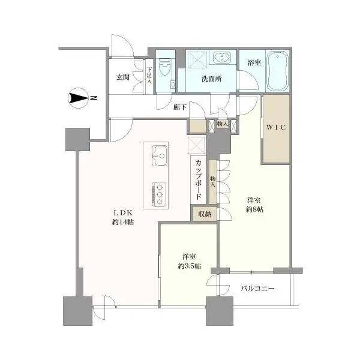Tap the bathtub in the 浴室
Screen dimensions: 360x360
point(277,71)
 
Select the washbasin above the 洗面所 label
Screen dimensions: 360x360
point(221,57)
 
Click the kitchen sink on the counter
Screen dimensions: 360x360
point(160,155)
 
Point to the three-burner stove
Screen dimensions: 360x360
point(159,194)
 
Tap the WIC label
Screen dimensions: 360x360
point(276,127)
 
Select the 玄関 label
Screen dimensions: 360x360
point(123,77)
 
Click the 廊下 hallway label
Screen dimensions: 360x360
point(180,107)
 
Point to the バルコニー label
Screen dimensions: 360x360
point(257,289)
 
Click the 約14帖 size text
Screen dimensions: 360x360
point(123,222)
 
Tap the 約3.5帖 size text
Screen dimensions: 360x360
point(190,266)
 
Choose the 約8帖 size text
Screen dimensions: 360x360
point(255,209)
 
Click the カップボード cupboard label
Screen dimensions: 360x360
point(199,180)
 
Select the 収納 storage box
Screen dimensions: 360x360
point(205,214)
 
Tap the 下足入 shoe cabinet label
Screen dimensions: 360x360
point(149,75)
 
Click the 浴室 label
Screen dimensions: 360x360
point(254,62)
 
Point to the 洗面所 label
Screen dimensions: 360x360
point(212,79)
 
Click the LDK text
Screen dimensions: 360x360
point(123,213)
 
